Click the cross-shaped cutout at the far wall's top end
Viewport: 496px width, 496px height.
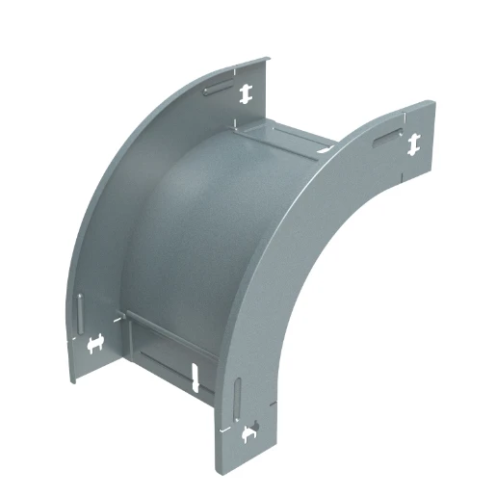point(247,92)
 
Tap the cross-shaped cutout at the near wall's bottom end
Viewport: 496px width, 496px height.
point(251,434)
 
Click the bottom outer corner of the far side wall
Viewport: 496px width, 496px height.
point(71,382)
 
